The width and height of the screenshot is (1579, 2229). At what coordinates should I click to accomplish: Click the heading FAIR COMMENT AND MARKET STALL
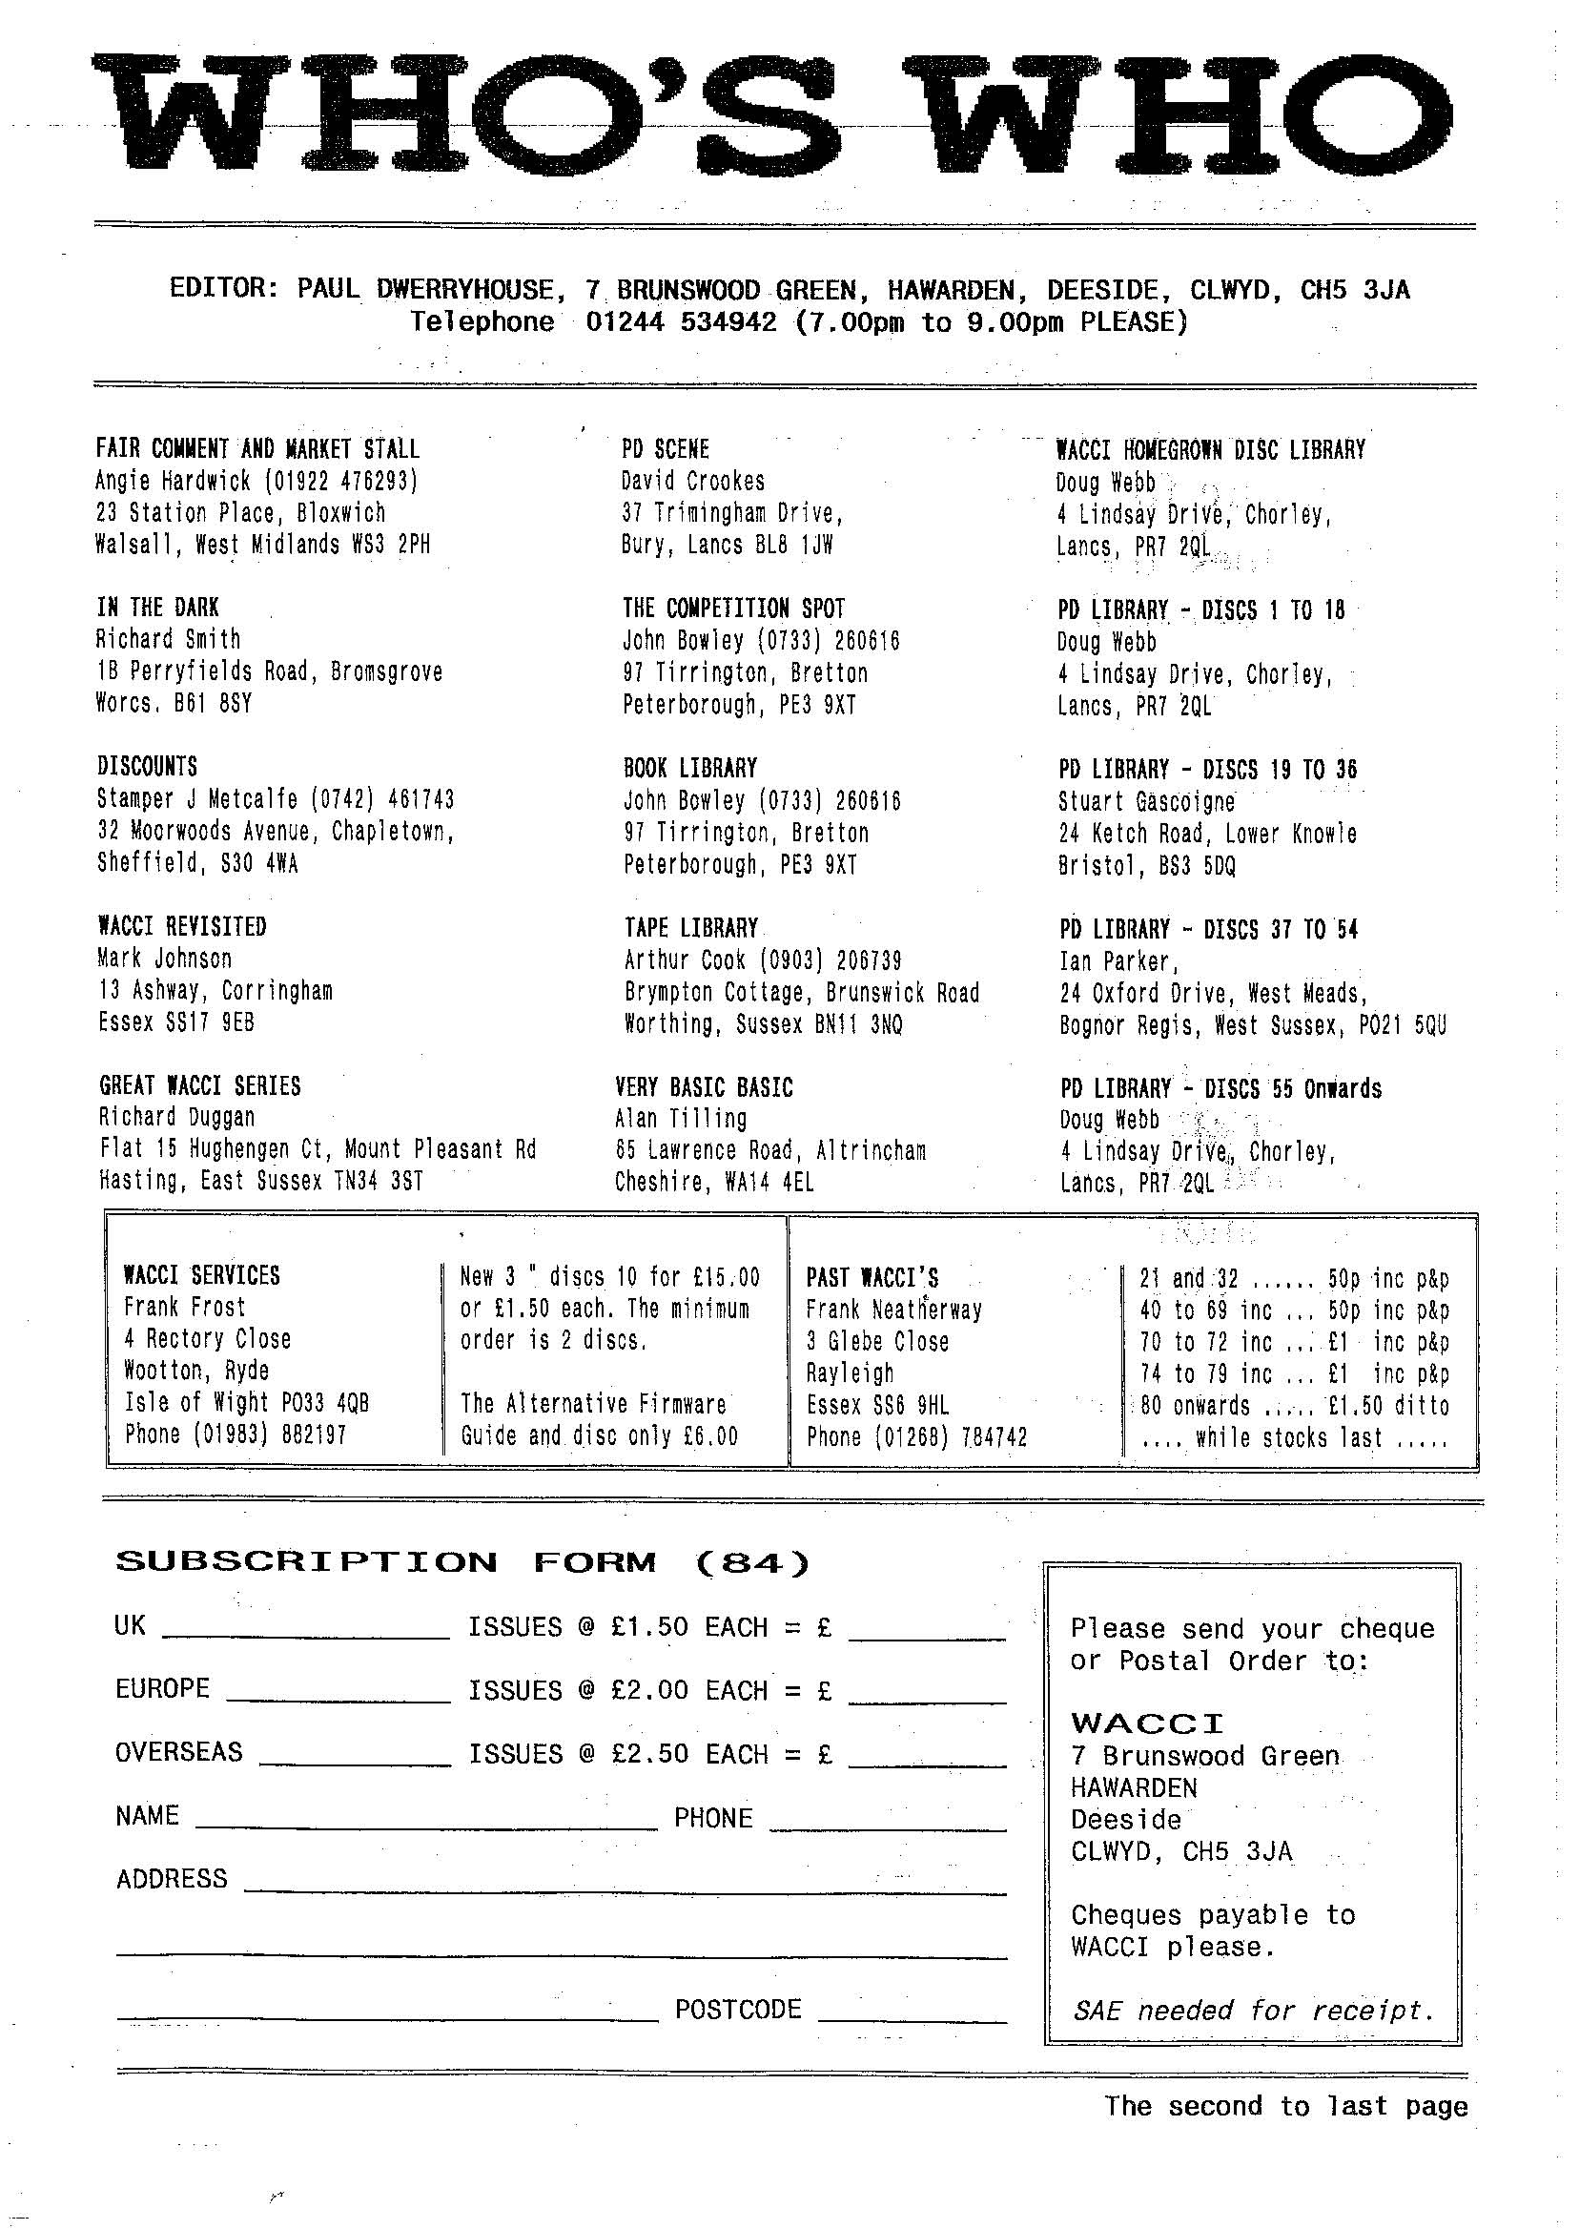tap(257, 449)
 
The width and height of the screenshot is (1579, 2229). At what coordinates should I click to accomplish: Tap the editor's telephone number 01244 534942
tap(681, 321)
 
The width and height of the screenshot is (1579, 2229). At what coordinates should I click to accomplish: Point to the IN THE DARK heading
tap(157, 608)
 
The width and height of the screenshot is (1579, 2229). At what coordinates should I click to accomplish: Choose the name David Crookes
tap(692, 482)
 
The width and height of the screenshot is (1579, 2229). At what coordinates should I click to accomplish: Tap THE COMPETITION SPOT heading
tap(733, 609)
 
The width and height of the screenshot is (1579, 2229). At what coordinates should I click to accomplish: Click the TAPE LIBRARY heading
tap(690, 928)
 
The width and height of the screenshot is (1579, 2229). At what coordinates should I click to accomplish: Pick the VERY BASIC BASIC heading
tap(704, 1087)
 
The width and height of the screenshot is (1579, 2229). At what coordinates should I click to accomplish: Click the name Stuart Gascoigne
tap(1146, 802)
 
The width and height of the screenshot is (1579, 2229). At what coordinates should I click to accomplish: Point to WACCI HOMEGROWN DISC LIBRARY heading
tap(1211, 450)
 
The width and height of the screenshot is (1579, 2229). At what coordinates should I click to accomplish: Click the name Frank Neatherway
tap(893, 1310)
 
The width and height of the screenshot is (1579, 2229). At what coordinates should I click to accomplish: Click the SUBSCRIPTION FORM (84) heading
tap(461, 1563)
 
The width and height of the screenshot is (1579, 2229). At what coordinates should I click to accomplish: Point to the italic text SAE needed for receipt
tap(1253, 2011)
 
